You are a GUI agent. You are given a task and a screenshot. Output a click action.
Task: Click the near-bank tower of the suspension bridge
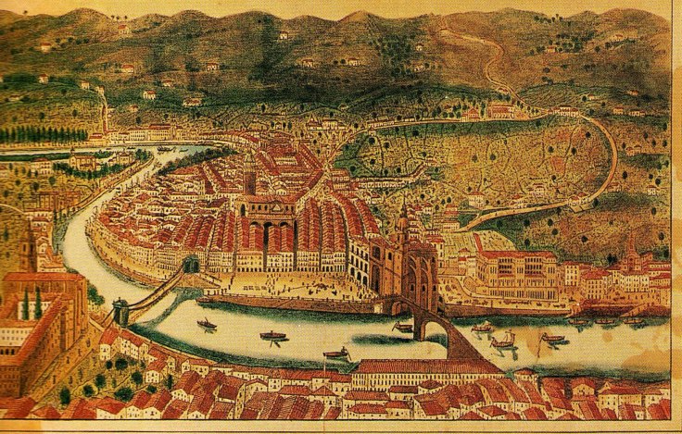[120, 310]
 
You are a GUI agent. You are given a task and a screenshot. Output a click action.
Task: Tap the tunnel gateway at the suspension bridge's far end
[192, 265]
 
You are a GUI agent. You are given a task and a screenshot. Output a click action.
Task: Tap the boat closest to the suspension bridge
[207, 325]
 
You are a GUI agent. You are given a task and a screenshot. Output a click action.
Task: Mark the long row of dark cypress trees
[42, 134]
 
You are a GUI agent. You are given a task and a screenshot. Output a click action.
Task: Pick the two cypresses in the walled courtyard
[32, 304]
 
